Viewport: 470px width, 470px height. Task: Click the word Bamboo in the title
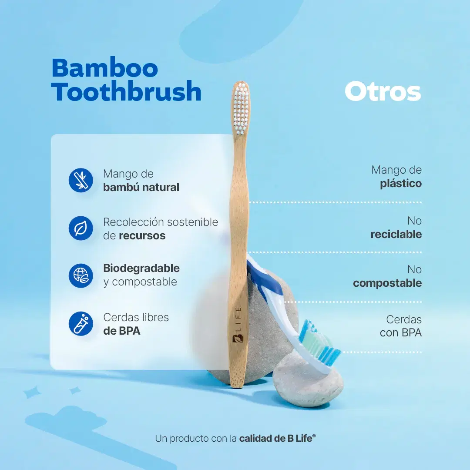pyautogui.click(x=104, y=68)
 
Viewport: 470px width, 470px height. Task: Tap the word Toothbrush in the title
pyautogui.click(x=126, y=92)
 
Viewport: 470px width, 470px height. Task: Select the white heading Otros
pyautogui.click(x=383, y=92)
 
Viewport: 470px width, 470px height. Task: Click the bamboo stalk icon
pyautogui.click(x=81, y=180)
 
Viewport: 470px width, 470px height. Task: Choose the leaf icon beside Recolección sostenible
pyautogui.click(x=81, y=228)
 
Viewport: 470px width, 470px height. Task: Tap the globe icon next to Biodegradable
pyautogui.click(x=81, y=275)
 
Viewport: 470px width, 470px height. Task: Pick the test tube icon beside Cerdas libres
pyautogui.click(x=81, y=323)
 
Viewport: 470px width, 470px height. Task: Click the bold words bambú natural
pyautogui.click(x=141, y=188)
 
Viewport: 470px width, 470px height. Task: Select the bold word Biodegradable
pyautogui.click(x=141, y=268)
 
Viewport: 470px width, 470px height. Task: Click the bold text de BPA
pyautogui.click(x=122, y=331)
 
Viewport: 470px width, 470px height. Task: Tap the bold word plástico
pyautogui.click(x=401, y=183)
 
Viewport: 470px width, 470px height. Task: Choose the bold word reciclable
pyautogui.click(x=396, y=234)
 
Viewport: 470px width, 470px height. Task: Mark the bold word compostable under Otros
pyautogui.click(x=387, y=283)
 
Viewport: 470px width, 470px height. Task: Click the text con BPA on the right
pyautogui.click(x=401, y=333)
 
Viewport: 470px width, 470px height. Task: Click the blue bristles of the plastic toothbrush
pyautogui.click(x=322, y=344)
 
